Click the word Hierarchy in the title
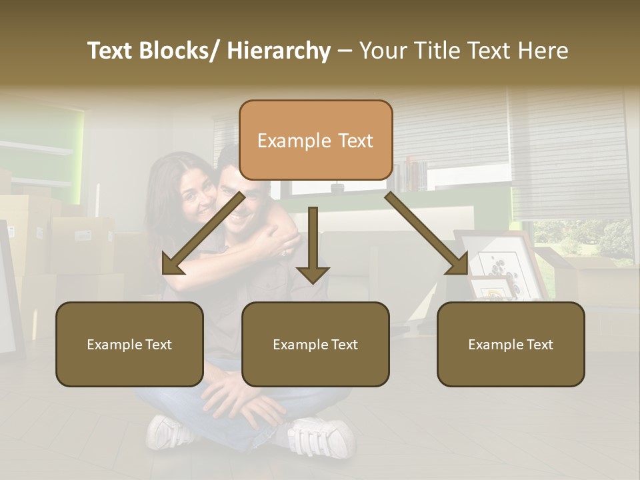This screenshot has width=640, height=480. (279, 51)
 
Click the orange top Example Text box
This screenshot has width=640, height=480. (315, 140)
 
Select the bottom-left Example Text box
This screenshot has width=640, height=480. (129, 344)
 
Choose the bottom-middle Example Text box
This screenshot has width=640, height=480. (315, 344)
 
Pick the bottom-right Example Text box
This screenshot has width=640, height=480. (511, 344)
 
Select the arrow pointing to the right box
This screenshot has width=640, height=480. (427, 233)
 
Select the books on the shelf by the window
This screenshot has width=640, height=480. (410, 175)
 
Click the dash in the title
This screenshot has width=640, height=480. (345, 51)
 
